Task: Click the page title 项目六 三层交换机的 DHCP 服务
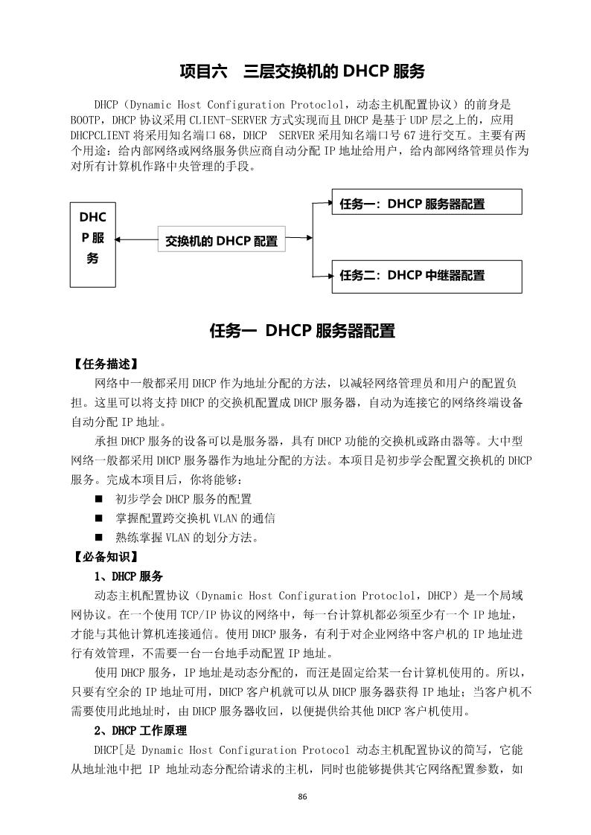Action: (x=302, y=71)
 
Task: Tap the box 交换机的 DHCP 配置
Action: (x=221, y=241)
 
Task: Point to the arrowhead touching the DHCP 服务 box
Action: (x=120, y=239)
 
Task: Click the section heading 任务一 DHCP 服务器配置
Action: (x=302, y=332)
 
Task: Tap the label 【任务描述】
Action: (x=105, y=365)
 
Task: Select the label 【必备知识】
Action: (x=105, y=556)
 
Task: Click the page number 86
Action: (x=302, y=797)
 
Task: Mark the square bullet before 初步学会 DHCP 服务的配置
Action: (x=99, y=499)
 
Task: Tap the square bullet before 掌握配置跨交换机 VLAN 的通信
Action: (x=99, y=518)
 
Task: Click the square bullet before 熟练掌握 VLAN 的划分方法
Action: (x=99, y=538)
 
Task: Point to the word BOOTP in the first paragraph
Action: (x=86, y=120)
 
